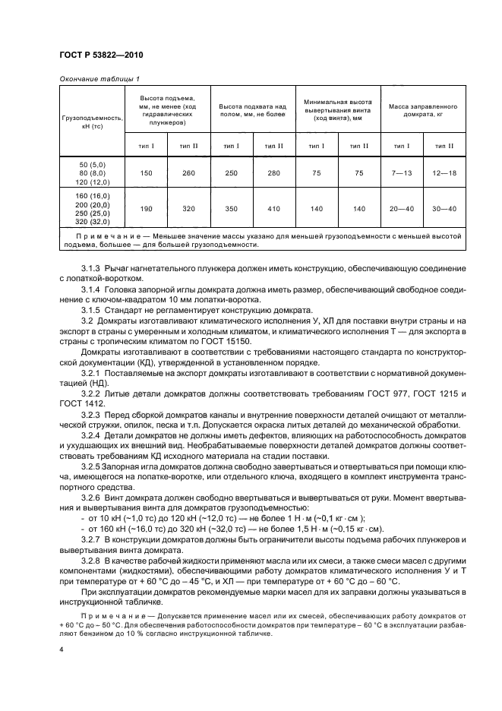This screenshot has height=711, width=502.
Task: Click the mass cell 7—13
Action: tap(402, 173)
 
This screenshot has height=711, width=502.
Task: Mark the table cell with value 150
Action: tap(146, 173)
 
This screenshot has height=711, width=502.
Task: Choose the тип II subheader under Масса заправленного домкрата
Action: tap(444, 145)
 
